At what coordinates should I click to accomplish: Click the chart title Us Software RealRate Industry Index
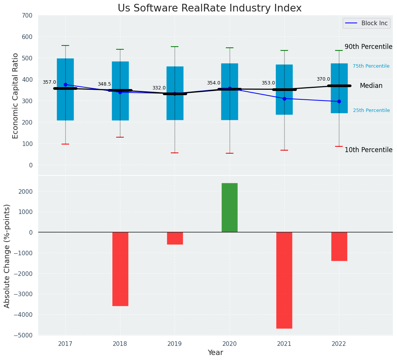point(209,8)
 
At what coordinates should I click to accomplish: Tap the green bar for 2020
point(230,208)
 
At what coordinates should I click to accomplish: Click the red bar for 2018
point(120,269)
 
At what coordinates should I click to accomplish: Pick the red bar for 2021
point(284,280)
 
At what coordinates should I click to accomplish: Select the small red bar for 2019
point(175,238)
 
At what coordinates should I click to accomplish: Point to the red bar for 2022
point(339,246)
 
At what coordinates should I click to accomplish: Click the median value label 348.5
point(104,84)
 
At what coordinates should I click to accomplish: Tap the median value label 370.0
point(323,79)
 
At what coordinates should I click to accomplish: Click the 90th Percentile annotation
point(368,47)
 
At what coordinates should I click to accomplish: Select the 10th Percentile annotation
point(368,150)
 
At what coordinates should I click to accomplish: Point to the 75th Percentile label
point(371,66)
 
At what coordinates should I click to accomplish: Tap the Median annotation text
point(371,86)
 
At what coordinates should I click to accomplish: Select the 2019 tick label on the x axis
point(175,344)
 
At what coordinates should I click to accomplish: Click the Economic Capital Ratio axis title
point(16,96)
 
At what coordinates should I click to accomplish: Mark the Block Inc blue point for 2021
point(284,99)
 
